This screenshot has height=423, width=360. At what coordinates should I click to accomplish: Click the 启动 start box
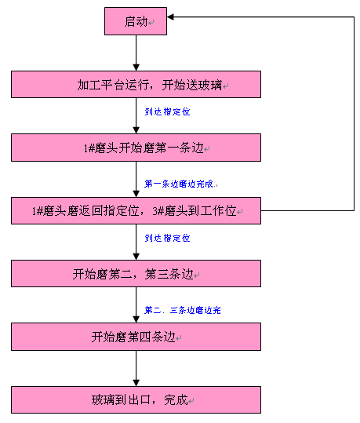tap(136, 22)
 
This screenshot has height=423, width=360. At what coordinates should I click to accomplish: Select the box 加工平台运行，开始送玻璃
tap(136, 85)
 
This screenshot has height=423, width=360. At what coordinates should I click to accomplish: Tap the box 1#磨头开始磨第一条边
tap(136, 148)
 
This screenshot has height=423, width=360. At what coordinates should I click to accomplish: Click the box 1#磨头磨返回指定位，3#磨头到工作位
tap(136, 211)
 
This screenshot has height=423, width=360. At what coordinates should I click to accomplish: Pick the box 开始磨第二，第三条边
tap(136, 274)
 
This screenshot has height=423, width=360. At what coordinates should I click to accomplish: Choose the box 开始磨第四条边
tap(136, 337)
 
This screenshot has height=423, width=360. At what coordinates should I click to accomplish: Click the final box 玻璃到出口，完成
tap(136, 399)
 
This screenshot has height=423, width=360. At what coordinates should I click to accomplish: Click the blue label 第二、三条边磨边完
tap(183, 310)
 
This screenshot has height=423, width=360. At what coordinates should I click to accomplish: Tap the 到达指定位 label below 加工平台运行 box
tap(167, 111)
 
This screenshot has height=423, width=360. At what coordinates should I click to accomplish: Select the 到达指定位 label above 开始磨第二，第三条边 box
tap(167, 237)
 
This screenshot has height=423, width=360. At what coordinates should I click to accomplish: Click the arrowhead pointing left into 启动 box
tap(173, 16)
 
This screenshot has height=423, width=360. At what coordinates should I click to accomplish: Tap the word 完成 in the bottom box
tap(176, 399)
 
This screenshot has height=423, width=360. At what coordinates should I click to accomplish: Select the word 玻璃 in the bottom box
tap(102, 399)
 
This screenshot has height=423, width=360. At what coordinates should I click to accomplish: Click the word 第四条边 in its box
tap(152, 337)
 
